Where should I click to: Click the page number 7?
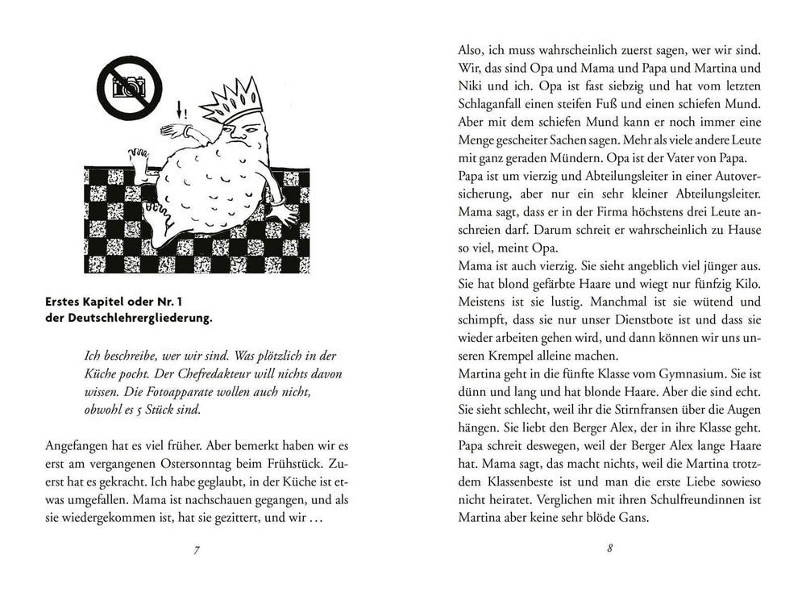(x=197, y=550)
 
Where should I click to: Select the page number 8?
(x=609, y=550)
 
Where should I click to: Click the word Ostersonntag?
(x=235, y=465)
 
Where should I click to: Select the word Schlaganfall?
(x=496, y=106)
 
